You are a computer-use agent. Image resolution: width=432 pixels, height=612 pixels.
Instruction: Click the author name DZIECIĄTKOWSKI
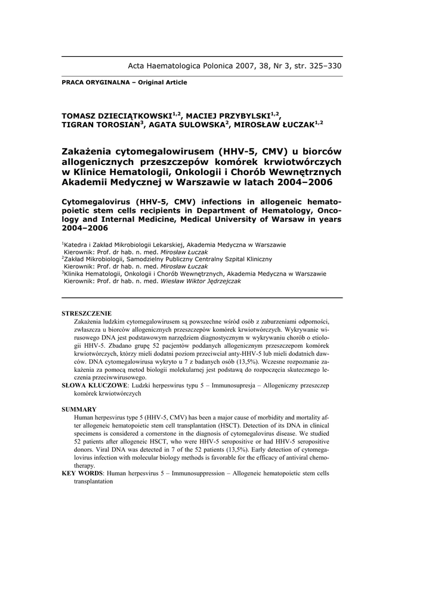[x=132, y=114]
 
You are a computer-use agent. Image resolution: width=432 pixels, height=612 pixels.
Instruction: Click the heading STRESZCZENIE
[x=87, y=313]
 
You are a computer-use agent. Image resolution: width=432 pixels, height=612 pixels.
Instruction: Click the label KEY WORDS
[x=82, y=473]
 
